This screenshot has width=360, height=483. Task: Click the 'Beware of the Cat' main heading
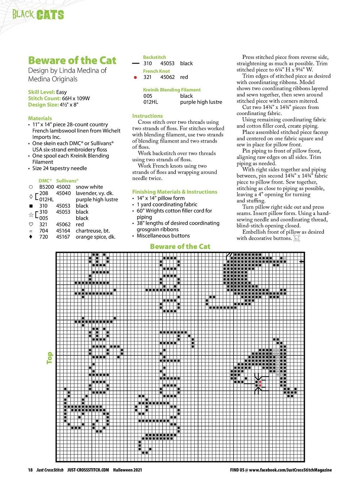pyautogui.click(x=72, y=61)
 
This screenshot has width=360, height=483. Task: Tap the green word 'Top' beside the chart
pyautogui.click(x=49, y=358)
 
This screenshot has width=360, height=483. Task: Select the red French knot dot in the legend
pyautogui.click(x=135, y=77)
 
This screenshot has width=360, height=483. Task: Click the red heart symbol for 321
pyautogui.click(x=31, y=224)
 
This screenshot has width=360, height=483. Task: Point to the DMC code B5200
pyautogui.click(x=46, y=187)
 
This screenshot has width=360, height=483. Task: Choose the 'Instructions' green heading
pyautogui.click(x=147, y=116)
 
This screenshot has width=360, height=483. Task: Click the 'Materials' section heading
pyautogui.click(x=40, y=118)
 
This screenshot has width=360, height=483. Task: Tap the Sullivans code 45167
pyautogui.click(x=63, y=237)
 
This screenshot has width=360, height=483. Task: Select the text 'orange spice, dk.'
pyautogui.click(x=96, y=237)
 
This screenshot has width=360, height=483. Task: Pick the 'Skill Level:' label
pyautogui.click(x=42, y=92)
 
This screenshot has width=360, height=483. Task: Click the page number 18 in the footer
pyautogui.click(x=30, y=470)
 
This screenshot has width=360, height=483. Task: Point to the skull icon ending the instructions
pyautogui.click(x=297, y=238)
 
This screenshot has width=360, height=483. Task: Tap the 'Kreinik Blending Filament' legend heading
pyautogui.click(x=172, y=90)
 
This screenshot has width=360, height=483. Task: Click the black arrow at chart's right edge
pyautogui.click(x=302, y=262)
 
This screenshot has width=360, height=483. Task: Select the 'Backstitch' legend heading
pyautogui.click(x=155, y=57)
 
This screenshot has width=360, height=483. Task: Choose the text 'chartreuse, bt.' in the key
pyautogui.click(x=93, y=230)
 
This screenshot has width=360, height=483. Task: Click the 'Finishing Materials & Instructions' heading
pyautogui.click(x=175, y=192)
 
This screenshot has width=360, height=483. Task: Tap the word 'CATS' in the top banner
pyautogui.click(x=50, y=15)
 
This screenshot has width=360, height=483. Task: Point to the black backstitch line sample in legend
pyautogui.click(x=136, y=63)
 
